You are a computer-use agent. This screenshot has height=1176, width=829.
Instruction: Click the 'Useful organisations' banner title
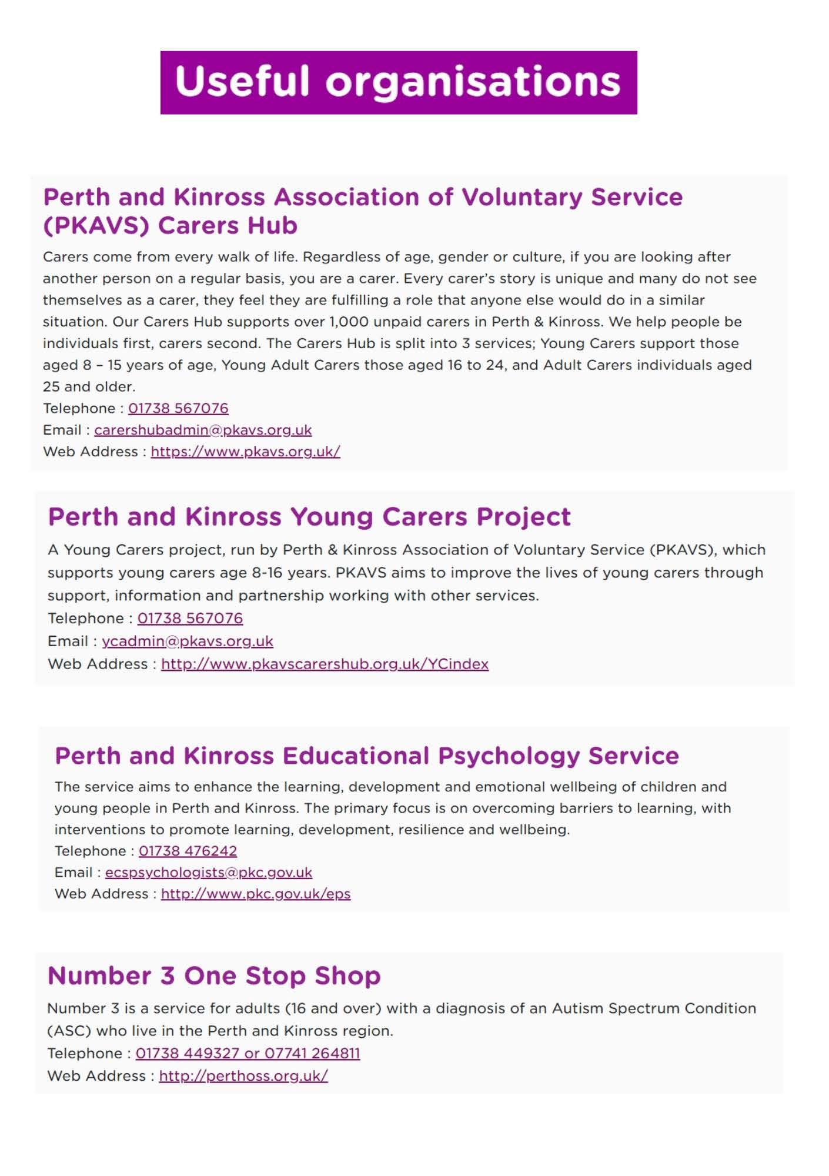pyautogui.click(x=398, y=82)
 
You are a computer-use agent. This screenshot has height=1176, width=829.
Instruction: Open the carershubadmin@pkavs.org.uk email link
pyautogui.click(x=203, y=430)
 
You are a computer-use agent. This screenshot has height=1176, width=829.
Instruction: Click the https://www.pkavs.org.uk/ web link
pyautogui.click(x=245, y=452)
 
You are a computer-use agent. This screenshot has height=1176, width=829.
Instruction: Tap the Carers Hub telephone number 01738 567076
pyautogui.click(x=178, y=408)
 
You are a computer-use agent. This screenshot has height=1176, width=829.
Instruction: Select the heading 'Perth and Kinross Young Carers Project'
pyautogui.click(x=309, y=517)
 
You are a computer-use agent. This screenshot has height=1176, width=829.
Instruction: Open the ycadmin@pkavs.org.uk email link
pyautogui.click(x=188, y=641)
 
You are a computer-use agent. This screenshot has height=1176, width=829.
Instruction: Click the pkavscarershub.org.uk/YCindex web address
pyautogui.click(x=325, y=664)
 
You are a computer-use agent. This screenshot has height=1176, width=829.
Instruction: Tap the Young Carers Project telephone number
pyautogui.click(x=190, y=618)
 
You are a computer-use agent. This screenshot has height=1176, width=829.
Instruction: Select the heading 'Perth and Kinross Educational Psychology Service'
pyautogui.click(x=367, y=756)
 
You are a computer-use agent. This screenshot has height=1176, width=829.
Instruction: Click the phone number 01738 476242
pyautogui.click(x=188, y=851)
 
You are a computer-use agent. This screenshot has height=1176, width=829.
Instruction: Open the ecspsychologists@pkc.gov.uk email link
pyautogui.click(x=209, y=872)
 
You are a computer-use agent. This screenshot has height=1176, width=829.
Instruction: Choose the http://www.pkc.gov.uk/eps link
pyautogui.click(x=256, y=894)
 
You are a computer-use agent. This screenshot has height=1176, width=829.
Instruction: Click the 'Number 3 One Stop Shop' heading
pyautogui.click(x=214, y=975)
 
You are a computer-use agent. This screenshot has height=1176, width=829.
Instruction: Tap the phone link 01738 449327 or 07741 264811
pyautogui.click(x=248, y=1053)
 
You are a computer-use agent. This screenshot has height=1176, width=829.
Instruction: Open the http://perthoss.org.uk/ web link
pyautogui.click(x=243, y=1075)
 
